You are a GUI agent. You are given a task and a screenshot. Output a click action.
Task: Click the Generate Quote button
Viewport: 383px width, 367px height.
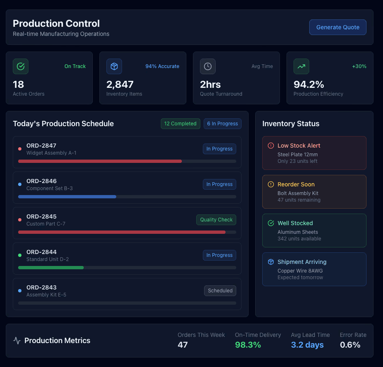[x=338, y=27]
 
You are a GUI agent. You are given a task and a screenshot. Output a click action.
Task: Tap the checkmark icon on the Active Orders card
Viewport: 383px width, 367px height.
[x=21, y=66]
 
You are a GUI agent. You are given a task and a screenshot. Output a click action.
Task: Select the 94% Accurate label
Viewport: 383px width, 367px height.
[x=162, y=66]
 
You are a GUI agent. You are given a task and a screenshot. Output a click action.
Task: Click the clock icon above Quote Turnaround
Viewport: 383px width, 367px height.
[x=208, y=66]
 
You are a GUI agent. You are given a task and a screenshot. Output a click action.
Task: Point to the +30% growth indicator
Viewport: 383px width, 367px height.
[x=359, y=66]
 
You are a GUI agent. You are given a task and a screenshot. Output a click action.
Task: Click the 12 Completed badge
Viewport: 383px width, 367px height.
[x=180, y=124]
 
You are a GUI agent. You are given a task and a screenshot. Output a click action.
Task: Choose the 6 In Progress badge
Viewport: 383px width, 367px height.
[x=222, y=124]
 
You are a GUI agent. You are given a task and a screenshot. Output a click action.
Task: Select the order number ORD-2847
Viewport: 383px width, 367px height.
[x=41, y=146]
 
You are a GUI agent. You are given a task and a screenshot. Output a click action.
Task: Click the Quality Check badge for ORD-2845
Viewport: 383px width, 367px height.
[x=216, y=220]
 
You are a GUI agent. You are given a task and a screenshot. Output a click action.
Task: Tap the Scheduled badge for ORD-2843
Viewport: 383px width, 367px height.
[x=220, y=291]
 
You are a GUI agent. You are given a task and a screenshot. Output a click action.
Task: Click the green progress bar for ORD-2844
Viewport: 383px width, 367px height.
[x=51, y=268]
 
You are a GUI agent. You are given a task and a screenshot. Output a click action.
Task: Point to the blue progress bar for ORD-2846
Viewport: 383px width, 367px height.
[x=67, y=197]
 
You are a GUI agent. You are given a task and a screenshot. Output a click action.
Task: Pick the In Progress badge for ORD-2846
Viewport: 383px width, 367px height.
[x=219, y=184]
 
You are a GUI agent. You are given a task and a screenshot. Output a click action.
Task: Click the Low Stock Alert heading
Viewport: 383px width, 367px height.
[x=298, y=146]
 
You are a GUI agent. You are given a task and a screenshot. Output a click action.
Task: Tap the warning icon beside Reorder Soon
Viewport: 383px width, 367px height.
[x=271, y=184]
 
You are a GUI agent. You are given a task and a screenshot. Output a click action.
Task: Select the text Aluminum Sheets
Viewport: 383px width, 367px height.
[x=298, y=232]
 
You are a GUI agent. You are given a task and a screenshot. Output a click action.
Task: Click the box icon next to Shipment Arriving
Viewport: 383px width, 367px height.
[x=271, y=262]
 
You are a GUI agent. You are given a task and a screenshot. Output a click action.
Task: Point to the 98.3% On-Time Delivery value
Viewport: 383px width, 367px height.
[x=248, y=345]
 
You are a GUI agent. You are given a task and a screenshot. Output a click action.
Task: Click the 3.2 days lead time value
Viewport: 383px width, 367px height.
[x=307, y=345]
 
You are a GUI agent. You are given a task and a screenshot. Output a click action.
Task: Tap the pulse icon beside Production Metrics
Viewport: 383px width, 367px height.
[x=17, y=341]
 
